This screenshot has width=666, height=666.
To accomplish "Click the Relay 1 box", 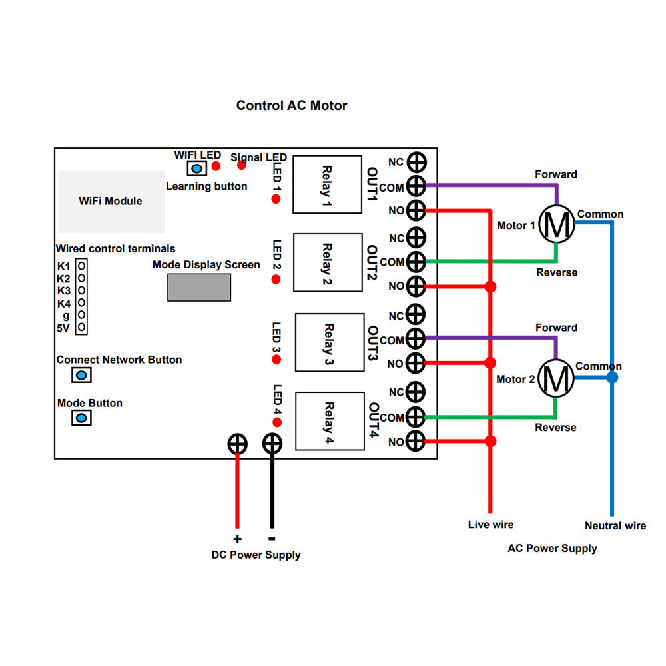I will [x=328, y=184].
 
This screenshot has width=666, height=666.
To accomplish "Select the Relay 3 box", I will [x=330, y=343].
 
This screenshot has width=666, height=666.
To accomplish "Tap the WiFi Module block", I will [x=111, y=201].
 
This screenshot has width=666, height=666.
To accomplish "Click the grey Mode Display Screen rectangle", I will [x=199, y=287].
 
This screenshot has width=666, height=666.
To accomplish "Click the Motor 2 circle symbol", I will [x=555, y=378].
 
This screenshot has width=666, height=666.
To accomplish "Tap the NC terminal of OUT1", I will [x=416, y=162].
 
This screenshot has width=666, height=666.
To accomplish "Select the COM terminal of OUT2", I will [x=416, y=262].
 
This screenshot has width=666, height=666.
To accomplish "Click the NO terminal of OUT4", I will [x=416, y=441].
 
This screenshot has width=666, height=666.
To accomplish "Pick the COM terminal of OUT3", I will [x=416, y=339].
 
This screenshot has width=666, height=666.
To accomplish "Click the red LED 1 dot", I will [x=276, y=199].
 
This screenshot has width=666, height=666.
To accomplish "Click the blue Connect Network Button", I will [x=81, y=375].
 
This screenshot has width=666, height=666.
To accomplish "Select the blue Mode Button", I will [x=81, y=418].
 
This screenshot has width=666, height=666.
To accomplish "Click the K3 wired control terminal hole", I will [x=81, y=290].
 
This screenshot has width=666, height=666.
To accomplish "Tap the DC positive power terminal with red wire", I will [x=237, y=444].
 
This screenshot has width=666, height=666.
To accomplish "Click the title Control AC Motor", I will [x=292, y=105].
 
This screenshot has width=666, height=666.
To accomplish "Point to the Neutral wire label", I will [x=615, y=525].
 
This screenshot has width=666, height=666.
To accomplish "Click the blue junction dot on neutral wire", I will [x=612, y=378].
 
